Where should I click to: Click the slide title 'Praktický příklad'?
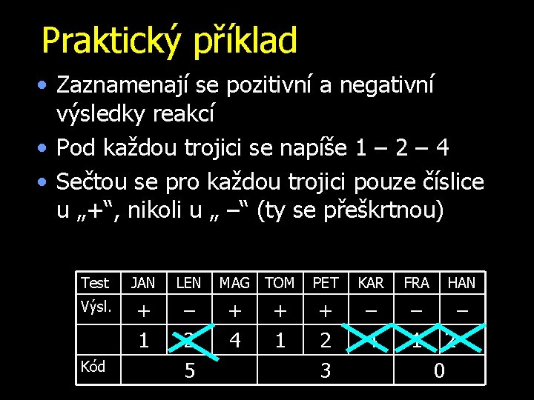169,41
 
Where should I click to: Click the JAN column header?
143,283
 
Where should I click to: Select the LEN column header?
188,283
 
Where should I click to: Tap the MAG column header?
234,283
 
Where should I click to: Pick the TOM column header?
280,283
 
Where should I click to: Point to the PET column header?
326,283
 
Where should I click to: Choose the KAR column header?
371,283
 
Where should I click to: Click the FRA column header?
416,283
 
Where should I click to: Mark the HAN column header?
461,283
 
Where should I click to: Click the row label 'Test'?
95,283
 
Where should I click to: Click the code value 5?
189,370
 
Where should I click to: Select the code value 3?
326,370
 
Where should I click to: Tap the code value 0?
439,370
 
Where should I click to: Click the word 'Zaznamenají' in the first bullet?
122,86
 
